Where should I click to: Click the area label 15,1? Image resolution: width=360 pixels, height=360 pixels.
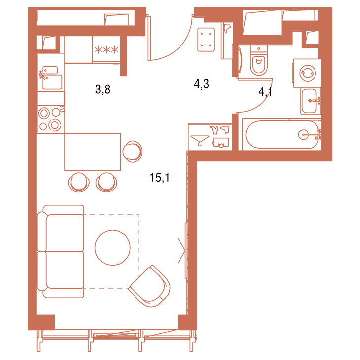[160, 178]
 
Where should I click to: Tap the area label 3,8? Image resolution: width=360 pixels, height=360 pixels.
[103, 89]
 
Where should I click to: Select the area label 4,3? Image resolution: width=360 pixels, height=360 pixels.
[201, 84]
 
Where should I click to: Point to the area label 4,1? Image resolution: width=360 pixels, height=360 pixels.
[266, 92]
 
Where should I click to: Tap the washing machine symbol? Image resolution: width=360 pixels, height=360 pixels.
[307, 73]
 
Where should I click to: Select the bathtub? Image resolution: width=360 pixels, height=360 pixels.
[282, 135]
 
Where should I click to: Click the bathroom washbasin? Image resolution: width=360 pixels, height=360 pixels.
[311, 101]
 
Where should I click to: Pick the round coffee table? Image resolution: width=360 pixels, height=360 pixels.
[113, 248]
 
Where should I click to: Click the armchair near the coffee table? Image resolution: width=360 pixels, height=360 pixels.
[149, 286]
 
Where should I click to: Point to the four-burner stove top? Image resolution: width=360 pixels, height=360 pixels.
[51, 119]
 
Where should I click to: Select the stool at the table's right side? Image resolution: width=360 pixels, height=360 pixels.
[132, 151]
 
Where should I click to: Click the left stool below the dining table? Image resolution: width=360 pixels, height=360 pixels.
[79, 182]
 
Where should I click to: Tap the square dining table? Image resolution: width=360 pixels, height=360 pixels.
[92, 152]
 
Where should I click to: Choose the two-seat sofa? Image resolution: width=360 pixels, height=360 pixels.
[60, 251]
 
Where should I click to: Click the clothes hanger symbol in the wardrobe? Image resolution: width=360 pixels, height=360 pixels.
[200, 140]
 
